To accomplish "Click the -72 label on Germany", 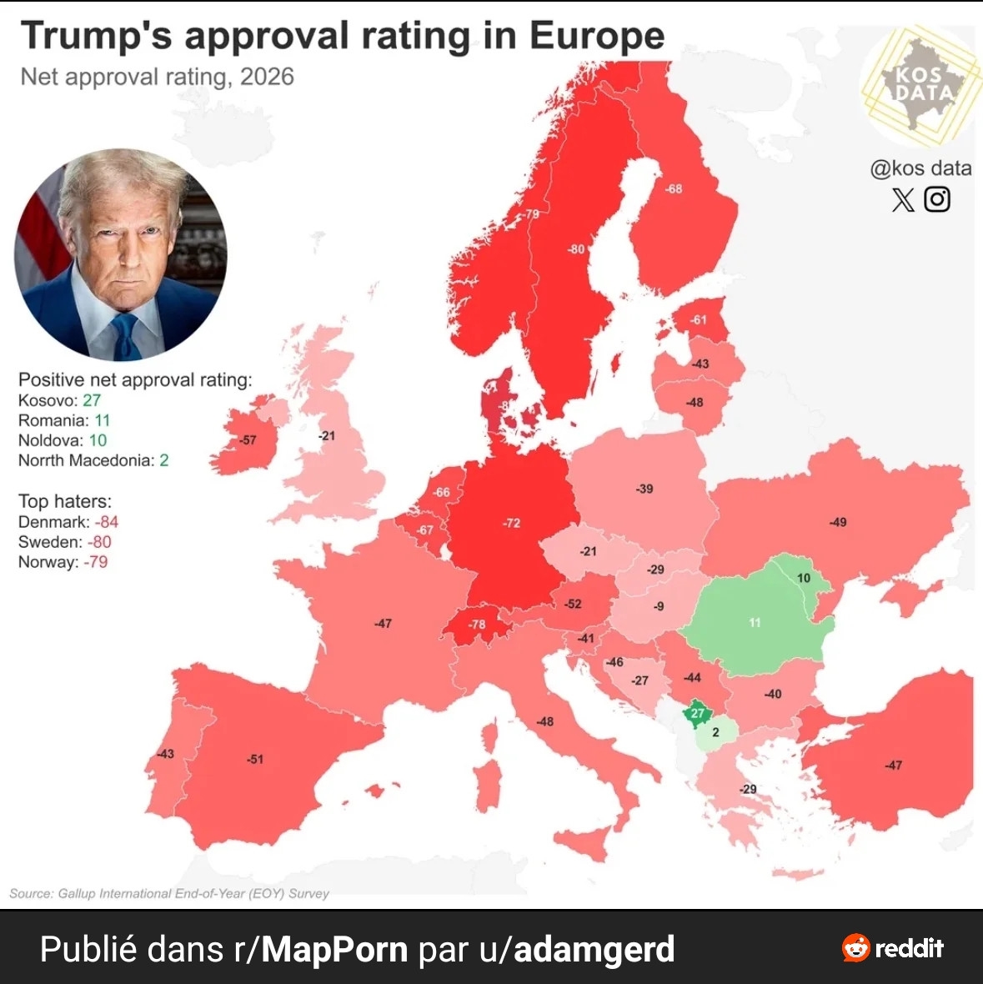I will coord(512,523).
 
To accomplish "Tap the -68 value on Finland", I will coord(674,188).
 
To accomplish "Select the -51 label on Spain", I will coord(254,759).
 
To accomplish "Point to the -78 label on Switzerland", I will coord(477,624).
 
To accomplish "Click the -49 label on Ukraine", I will coord(838,522).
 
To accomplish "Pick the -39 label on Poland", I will coord(644,489).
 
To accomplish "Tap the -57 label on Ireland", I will coord(248,439).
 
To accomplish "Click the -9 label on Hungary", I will coord(659,606).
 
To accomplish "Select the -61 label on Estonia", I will coord(698,319).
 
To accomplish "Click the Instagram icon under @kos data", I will coord(937,199).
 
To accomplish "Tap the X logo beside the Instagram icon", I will coord(903,200).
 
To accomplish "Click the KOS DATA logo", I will coord(922,84).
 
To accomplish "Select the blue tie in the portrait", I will coord(125,337).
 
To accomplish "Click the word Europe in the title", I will coord(597,36).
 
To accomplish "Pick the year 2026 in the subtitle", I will coord(267,77).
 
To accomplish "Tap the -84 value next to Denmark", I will coord(106,522).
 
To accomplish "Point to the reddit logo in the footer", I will coord(894,948).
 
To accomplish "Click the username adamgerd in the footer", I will coord(594,949).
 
